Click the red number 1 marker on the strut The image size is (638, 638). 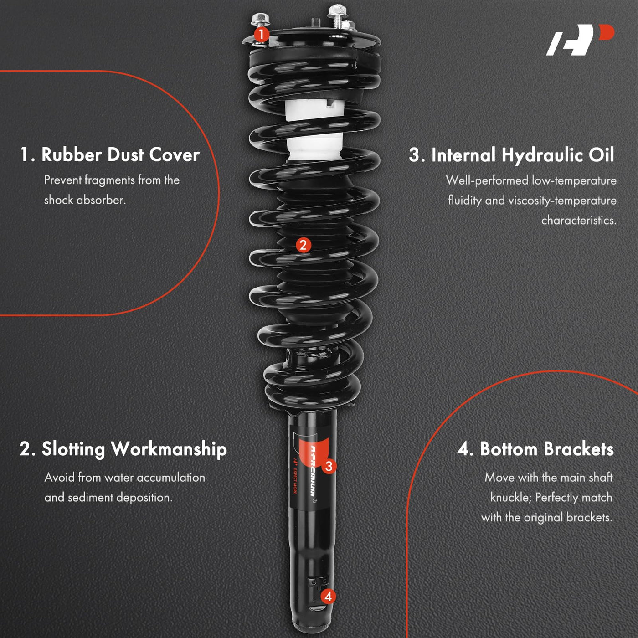pos(262,35)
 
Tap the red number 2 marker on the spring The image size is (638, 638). pos(303,245)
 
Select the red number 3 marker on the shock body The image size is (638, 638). pos(329,466)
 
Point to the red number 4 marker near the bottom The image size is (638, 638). pos(328,597)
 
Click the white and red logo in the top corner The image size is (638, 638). pos(580,39)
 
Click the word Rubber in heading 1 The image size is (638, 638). pos(72,154)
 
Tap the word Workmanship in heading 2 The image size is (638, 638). pos(169,449)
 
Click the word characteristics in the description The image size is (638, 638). pos(579,220)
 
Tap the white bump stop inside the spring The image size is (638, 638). pos(314,129)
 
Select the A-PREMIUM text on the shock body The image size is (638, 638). pos(313,470)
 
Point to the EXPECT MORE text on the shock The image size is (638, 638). pos(295,480)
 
